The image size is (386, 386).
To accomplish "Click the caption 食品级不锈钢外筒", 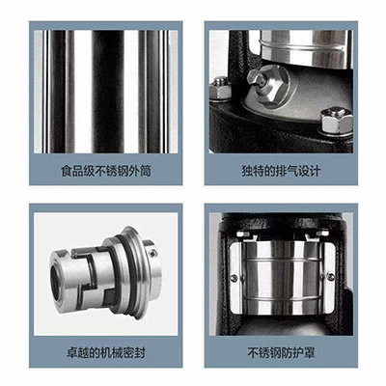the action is pos(106,171).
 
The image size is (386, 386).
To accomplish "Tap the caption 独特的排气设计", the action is pos(281,171).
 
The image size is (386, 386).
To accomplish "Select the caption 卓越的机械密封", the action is pos(106,353).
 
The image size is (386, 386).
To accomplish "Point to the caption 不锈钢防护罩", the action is pos(281,353).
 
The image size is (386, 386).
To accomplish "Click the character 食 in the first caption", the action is pos(67,171).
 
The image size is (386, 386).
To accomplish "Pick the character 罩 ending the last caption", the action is pos(309,353).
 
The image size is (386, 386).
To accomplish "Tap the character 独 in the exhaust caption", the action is pos(247,171).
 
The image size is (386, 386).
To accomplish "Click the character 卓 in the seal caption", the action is pos(72,353).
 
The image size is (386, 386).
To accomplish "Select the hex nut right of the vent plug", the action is pos(336,121).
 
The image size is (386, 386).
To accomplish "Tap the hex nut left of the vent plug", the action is pos(220,88).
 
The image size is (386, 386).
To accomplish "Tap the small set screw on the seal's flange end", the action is pos(153,254).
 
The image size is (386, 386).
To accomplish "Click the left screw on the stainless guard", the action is pos(234,278).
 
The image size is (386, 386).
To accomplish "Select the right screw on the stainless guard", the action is pos(331,276).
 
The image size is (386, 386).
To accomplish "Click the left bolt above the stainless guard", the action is pos(243,234).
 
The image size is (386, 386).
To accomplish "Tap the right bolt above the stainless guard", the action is pos(322,232).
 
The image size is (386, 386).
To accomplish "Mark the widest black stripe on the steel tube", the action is pos(108,92).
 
